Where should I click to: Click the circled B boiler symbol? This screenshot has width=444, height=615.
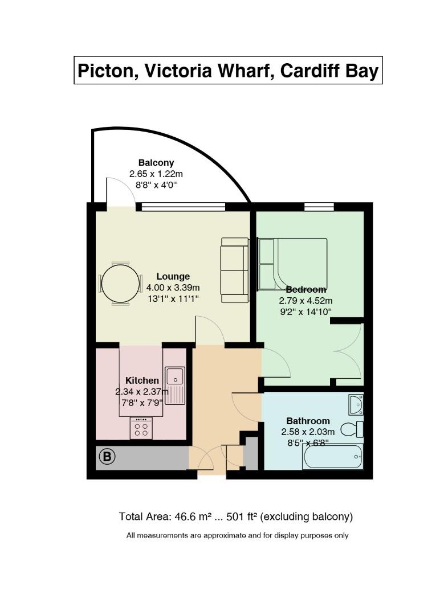(107, 457)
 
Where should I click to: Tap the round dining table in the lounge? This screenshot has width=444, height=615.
(120, 284)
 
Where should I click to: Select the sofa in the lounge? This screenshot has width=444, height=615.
(235, 270)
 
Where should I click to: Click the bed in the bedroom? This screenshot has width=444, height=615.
(293, 264)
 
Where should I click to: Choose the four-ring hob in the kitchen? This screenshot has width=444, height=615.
(141, 428)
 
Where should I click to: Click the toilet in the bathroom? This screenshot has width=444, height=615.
(352, 429)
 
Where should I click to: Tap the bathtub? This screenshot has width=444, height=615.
(332, 457)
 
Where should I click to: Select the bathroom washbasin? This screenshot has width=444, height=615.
(356, 404)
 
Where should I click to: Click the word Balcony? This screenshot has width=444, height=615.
(156, 163)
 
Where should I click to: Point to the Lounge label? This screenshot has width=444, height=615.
(173, 277)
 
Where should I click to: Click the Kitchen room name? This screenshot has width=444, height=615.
(142, 380)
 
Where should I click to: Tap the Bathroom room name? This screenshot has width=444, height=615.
(308, 421)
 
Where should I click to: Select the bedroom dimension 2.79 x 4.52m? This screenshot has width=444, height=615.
(305, 301)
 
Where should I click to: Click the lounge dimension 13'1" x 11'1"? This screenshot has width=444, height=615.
(173, 298)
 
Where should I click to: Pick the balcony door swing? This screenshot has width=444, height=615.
(120, 192)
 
